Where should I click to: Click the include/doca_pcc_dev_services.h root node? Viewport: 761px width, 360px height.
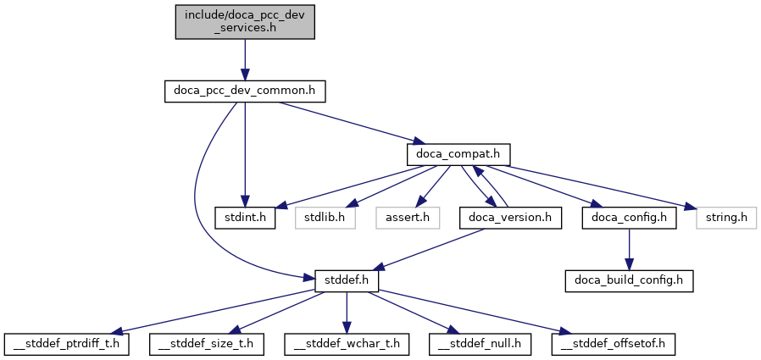[245, 20]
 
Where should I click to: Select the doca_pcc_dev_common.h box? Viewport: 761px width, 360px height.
[244, 90]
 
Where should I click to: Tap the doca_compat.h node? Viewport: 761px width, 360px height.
[458, 154]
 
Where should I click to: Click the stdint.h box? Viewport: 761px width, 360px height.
[244, 218]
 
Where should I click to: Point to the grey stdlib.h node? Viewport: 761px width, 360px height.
[325, 218]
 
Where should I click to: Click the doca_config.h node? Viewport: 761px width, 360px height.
[627, 218]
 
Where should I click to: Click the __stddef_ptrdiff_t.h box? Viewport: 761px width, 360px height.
[67, 344]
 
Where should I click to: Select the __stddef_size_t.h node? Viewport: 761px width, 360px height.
[207, 344]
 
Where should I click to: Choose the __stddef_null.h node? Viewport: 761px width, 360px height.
[480, 344]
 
